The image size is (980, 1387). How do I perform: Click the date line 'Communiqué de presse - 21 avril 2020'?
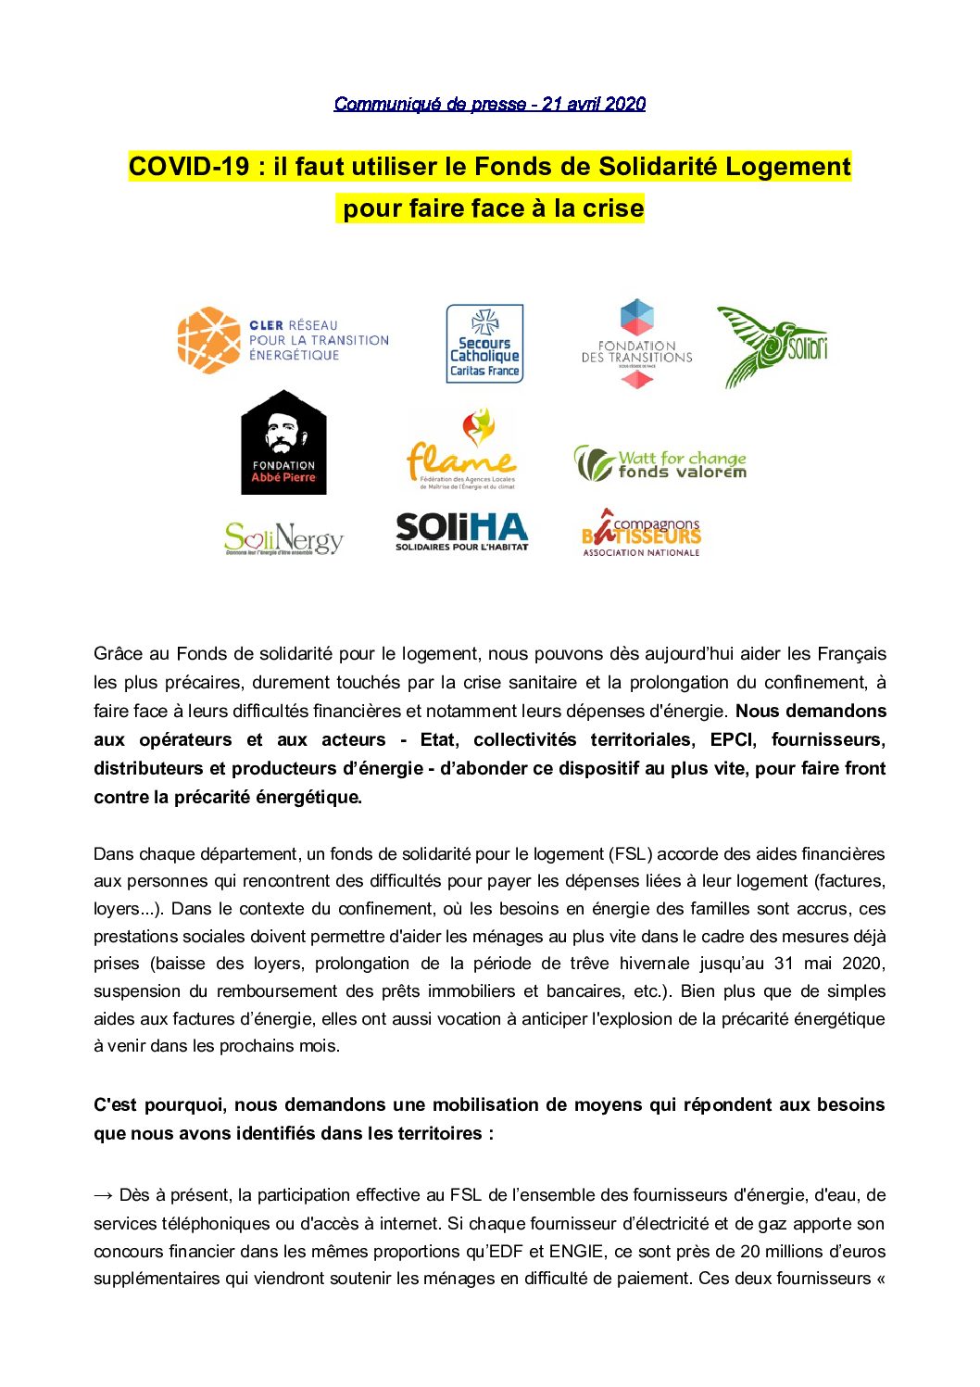[x=489, y=104]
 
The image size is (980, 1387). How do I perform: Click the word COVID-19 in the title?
[x=189, y=167]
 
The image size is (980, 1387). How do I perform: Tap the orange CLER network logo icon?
[x=208, y=340]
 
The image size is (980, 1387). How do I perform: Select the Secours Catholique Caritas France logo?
[x=484, y=344]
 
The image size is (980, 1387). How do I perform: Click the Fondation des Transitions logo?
[x=636, y=344]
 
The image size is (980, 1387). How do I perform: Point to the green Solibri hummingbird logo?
[x=772, y=346]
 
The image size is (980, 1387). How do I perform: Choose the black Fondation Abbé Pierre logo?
[x=283, y=443]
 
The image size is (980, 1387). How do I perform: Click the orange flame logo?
[x=461, y=448]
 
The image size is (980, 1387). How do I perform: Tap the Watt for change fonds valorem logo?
[x=660, y=462]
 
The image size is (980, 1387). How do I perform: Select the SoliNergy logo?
[x=283, y=538]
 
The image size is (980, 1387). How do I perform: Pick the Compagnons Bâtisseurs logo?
[x=641, y=533]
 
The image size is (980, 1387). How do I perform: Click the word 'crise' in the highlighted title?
[x=612, y=208]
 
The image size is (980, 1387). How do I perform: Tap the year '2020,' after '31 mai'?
[x=863, y=964]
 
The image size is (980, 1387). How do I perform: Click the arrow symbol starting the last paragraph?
[x=103, y=1195]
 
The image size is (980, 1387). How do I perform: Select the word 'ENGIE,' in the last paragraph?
[x=578, y=1251]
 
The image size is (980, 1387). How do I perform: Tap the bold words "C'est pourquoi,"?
[x=158, y=1104]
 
